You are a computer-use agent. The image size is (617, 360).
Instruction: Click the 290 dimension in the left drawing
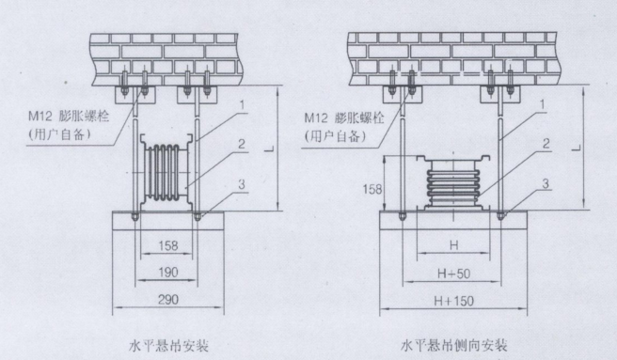pos(168,300)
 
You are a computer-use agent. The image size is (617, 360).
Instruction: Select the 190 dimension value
pos(168,272)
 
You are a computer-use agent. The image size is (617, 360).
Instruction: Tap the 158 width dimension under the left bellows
pos(168,246)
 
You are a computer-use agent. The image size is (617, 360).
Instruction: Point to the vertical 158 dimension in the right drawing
pos(372,189)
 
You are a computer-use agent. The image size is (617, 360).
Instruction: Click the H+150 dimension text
pos(453,301)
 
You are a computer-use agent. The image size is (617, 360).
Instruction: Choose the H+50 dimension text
pos(453,274)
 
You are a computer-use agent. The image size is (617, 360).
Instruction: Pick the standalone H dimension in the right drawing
pos(454,246)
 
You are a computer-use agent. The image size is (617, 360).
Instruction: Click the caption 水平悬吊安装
pos(168,346)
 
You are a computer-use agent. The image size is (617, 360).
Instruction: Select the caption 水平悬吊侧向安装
pos(453,346)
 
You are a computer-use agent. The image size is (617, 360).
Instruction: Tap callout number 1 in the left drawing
pos(243,104)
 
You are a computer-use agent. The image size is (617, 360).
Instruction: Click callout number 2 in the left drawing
pos(241,144)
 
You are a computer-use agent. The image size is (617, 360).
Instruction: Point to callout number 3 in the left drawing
pos(242,183)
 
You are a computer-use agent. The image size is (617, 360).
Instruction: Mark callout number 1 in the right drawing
pos(543,104)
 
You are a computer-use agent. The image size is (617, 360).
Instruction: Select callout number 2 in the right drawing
pos(546,144)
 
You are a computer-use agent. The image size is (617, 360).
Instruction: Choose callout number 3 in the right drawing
pos(546,183)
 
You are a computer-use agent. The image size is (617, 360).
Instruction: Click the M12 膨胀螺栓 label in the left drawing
pos(69,117)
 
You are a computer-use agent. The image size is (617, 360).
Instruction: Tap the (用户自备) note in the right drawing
pos(335,136)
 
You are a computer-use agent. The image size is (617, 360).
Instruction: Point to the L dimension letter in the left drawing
pos(269,148)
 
